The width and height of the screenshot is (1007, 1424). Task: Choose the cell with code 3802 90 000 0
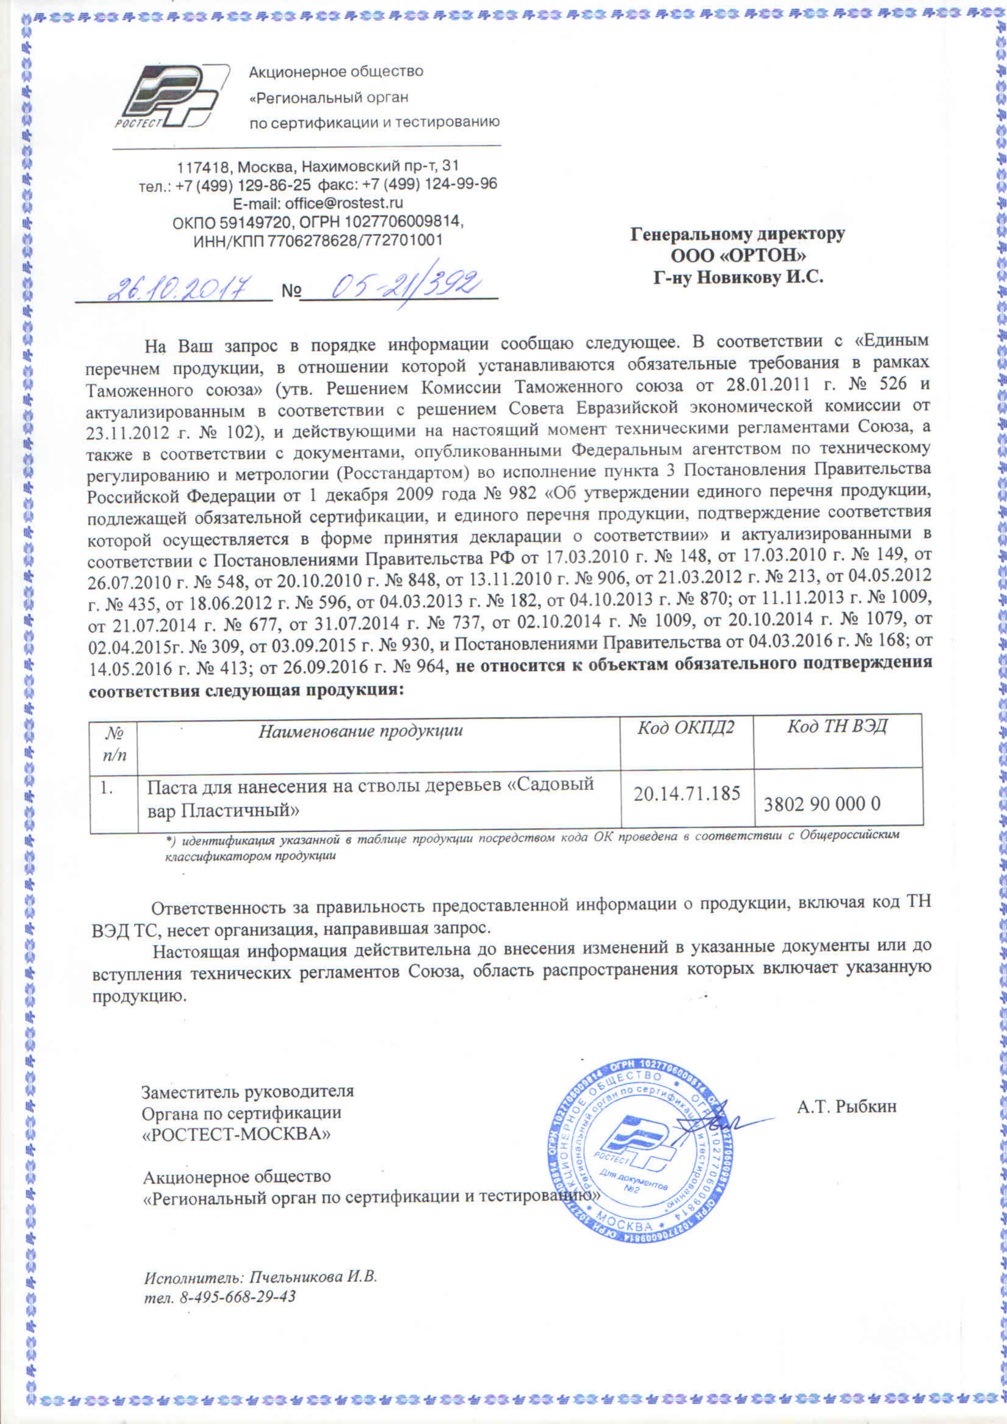tap(822, 804)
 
